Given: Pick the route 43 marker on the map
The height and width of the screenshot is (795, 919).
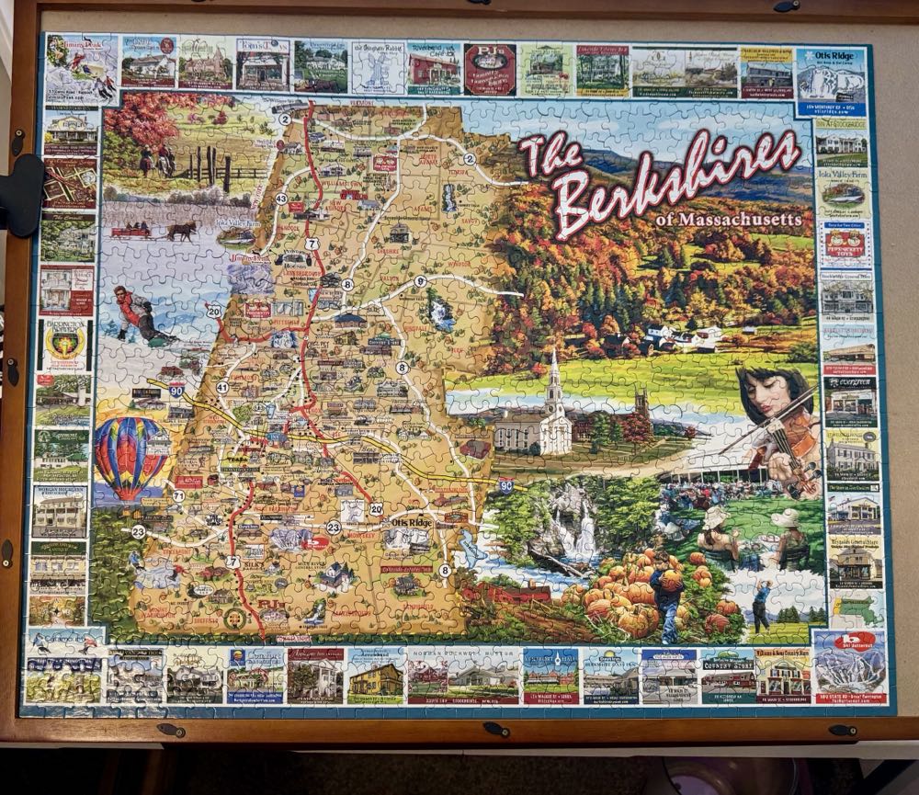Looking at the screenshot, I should pyautogui.click(x=281, y=199).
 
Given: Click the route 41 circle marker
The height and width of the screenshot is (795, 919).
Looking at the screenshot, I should pyautogui.click(x=221, y=387).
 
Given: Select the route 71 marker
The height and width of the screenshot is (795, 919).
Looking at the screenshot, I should pyautogui.click(x=177, y=495).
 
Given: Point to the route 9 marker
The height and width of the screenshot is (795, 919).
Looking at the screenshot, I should pyautogui.click(x=420, y=281).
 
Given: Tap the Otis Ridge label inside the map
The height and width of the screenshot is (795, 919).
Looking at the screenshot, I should pyautogui.click(x=411, y=522).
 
